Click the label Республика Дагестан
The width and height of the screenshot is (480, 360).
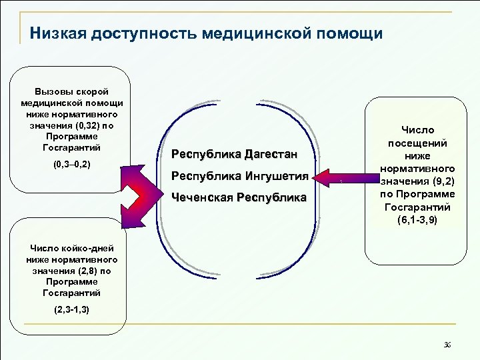233,155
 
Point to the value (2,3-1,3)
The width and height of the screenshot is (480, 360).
72,310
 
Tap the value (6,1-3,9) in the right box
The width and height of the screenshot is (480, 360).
418,220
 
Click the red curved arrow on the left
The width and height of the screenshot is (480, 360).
139,195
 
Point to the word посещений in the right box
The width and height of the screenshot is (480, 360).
418,143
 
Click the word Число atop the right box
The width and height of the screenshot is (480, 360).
417,131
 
